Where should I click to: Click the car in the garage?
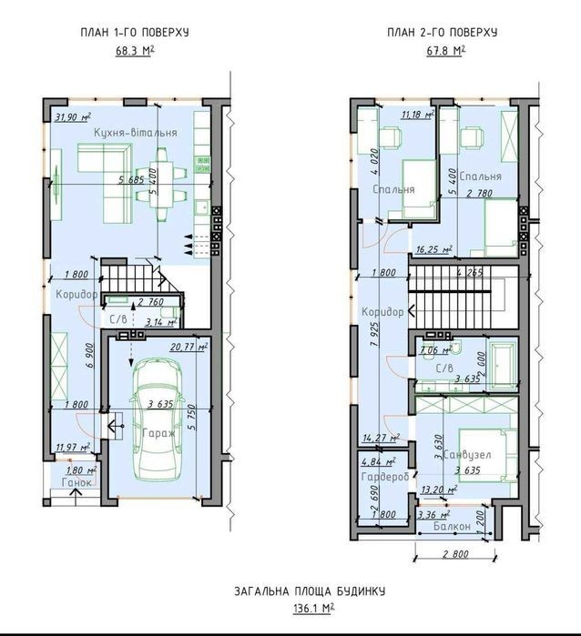[x=158, y=419]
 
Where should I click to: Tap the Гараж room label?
[x=159, y=433]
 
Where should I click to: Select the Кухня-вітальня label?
[x=136, y=133]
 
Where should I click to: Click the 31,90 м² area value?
[x=73, y=117]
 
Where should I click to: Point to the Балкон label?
[x=452, y=527]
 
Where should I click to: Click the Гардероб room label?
[x=385, y=477]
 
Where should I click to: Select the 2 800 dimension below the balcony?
[x=455, y=554]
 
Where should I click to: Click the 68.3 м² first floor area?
[x=135, y=51]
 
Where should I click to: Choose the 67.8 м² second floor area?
[x=446, y=51]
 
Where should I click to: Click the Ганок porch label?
[x=76, y=482]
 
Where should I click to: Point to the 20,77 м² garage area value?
[x=189, y=348]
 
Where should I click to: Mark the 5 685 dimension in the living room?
[x=131, y=179]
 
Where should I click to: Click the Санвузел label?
[x=467, y=455]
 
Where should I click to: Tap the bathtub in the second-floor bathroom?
[x=504, y=364]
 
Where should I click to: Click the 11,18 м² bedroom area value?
[x=418, y=115]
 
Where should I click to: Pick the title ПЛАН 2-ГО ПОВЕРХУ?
[x=443, y=33]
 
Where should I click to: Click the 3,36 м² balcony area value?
[x=433, y=516]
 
